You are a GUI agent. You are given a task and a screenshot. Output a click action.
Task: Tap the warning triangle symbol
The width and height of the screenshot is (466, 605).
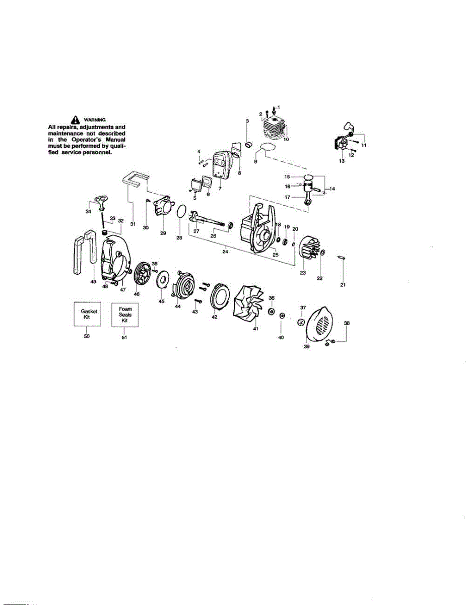(75, 119)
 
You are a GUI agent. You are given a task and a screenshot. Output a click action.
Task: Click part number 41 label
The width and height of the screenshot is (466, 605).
(255, 329)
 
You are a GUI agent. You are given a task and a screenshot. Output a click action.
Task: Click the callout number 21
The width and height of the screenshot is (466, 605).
(343, 285)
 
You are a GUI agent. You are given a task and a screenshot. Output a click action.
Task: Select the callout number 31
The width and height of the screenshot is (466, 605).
(132, 224)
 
